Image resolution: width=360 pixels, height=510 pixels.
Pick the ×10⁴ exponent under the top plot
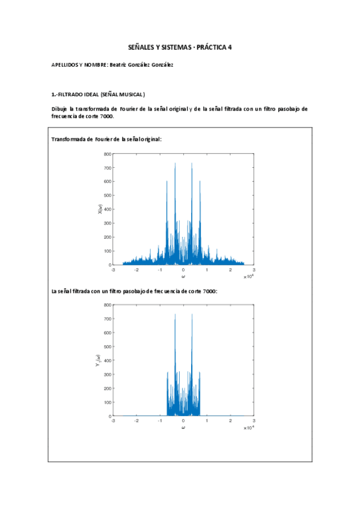click(249, 277)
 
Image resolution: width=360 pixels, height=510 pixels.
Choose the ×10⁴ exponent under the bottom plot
click(249, 428)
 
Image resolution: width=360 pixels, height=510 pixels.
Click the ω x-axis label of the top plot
click(183, 277)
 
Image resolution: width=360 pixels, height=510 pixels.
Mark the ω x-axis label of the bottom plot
click(183, 428)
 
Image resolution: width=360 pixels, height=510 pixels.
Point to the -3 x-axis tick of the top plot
click(113, 270)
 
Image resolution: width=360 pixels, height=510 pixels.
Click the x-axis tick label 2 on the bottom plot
click(230, 421)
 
